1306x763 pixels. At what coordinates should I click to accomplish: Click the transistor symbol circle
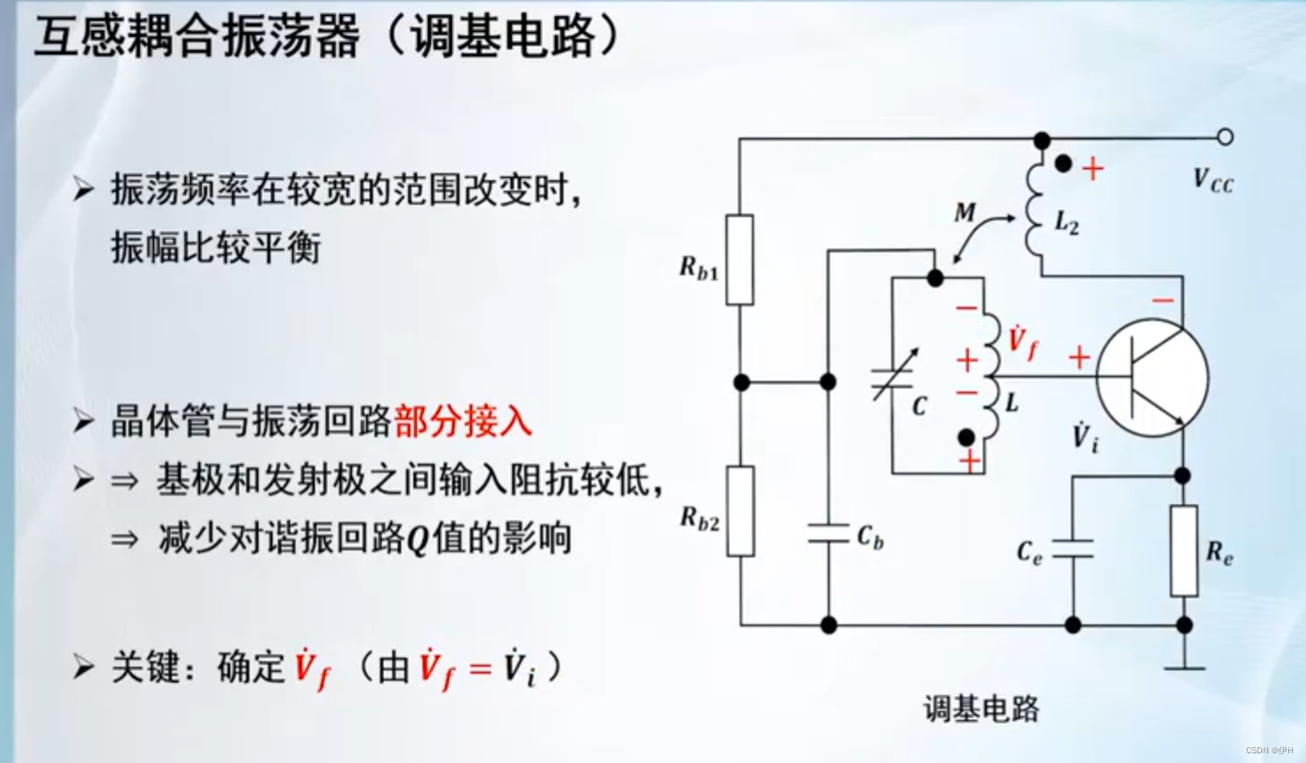[1153, 377]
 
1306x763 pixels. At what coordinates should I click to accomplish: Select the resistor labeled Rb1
[739, 260]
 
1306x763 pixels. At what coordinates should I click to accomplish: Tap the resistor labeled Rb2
[740, 511]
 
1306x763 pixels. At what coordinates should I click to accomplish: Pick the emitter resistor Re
[1184, 551]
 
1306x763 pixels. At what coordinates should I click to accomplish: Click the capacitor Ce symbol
[1073, 550]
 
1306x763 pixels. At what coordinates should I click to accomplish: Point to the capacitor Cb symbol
[828, 533]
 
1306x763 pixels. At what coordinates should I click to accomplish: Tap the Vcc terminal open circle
[1225, 137]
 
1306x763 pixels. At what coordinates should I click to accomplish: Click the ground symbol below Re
[1184, 667]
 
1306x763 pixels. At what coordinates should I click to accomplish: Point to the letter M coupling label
[965, 212]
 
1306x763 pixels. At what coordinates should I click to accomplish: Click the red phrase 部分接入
[464, 421]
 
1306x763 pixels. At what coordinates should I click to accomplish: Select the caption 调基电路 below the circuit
[981, 708]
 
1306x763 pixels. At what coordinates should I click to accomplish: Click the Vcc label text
[1213, 181]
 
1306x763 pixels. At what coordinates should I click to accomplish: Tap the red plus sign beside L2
[1093, 168]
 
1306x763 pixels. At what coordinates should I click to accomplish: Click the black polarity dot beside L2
[1064, 164]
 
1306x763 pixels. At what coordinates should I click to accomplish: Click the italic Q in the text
[418, 539]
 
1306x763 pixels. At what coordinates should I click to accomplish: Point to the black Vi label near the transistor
[1085, 436]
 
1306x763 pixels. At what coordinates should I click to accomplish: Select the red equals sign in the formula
[480, 669]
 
